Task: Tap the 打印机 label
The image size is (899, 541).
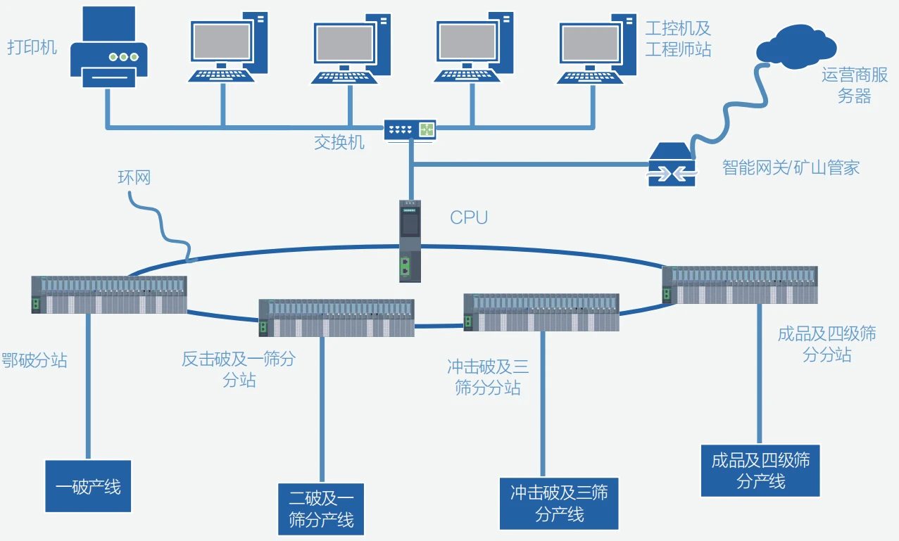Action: click(x=32, y=48)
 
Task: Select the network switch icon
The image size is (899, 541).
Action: click(x=410, y=129)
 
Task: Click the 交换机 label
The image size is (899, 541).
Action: click(x=339, y=142)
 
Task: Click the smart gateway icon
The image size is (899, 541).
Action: click(x=672, y=165)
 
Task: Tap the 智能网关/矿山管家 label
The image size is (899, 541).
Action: click(x=791, y=167)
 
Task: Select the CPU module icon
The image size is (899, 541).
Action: click(x=410, y=241)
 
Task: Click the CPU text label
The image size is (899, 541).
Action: click(x=469, y=217)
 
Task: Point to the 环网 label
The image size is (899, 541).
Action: click(x=134, y=177)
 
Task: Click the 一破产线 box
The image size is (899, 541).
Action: click(x=88, y=486)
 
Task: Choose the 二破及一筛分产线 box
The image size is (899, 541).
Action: click(x=322, y=509)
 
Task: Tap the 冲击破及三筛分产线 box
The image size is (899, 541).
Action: click(x=559, y=504)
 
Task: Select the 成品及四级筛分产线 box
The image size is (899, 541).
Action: click(x=760, y=471)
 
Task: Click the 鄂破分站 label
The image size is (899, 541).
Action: click(x=34, y=360)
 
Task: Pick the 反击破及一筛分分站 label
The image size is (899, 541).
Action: click(x=239, y=369)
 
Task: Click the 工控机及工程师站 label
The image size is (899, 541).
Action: click(x=679, y=39)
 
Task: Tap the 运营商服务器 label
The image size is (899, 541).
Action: click(x=855, y=86)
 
